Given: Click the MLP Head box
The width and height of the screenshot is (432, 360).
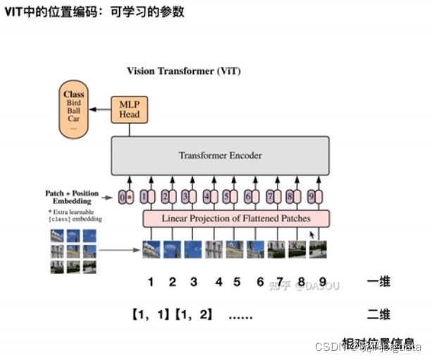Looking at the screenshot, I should click(x=129, y=108).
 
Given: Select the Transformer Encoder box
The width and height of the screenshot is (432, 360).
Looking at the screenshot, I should click(x=219, y=155).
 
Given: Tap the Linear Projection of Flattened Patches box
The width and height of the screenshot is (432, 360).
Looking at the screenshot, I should click(x=236, y=218).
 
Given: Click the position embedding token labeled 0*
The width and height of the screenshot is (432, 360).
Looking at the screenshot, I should click(x=126, y=197).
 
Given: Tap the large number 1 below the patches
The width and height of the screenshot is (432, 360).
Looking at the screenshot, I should click(x=150, y=282).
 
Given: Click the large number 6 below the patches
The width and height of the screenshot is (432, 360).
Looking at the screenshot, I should click(x=260, y=282).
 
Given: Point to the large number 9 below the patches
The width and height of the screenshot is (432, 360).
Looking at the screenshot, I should click(x=322, y=282).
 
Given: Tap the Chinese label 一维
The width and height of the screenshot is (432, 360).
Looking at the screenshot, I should click(x=379, y=283).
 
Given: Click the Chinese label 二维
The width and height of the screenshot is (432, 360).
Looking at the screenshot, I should click(x=379, y=314).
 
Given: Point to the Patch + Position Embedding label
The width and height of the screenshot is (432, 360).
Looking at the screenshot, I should click(x=73, y=197).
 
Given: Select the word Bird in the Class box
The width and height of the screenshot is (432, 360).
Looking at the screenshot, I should click(x=73, y=103).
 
